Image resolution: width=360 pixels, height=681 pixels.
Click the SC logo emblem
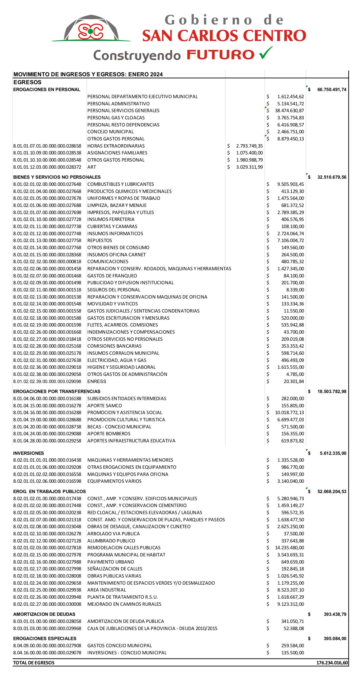(91, 31)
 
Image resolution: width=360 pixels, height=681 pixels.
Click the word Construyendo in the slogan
(137, 55)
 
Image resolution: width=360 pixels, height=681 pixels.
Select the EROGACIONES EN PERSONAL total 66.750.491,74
(331, 90)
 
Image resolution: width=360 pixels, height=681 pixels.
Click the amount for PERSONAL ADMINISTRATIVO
(290, 104)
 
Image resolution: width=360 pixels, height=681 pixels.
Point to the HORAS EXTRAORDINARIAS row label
(116, 146)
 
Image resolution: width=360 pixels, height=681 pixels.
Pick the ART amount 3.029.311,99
(249, 167)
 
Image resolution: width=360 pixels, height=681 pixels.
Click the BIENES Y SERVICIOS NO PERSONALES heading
(57, 177)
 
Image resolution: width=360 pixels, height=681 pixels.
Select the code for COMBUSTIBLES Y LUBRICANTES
(47, 184)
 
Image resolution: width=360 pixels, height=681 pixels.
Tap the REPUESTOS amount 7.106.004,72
(290, 240)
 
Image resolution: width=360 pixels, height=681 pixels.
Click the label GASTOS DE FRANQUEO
(112, 276)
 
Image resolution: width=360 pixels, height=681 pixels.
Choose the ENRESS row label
(97, 381)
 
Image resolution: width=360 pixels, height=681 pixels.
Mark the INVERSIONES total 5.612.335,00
(333, 453)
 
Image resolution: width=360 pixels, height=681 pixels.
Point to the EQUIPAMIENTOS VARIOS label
(114, 481)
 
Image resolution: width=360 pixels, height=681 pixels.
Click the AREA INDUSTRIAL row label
(107, 590)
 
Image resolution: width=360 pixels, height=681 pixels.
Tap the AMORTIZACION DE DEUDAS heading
(44, 614)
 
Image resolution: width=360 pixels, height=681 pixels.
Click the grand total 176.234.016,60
(332, 663)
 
